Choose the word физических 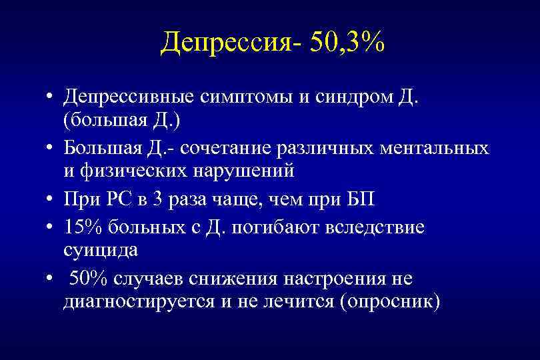pyautogui.click(x=134, y=171)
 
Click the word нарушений pyautogui.click(x=244, y=171)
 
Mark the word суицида pyautogui.click(x=101, y=251)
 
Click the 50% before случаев pyautogui.click(x=87, y=278)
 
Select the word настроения pyautogui.click(x=341, y=278)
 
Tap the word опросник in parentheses pyautogui.click(x=389, y=301)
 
